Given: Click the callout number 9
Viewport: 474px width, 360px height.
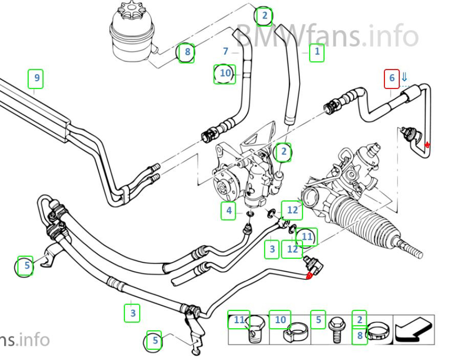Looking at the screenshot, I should point(35,78).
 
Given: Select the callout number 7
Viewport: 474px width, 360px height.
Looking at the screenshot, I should point(226,51).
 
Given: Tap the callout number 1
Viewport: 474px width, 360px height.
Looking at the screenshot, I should point(317,51).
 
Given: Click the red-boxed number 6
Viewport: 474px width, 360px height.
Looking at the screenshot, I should point(392,78).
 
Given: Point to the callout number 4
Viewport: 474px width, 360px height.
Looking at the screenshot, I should point(229,211).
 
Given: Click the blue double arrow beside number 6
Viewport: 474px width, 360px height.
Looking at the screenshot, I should point(404,77).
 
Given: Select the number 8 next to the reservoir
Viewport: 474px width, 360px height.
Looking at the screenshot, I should point(187,52).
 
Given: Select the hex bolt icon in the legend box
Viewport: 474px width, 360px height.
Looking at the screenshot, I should point(337,329).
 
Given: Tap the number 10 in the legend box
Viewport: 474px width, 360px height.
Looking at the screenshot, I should point(280,320).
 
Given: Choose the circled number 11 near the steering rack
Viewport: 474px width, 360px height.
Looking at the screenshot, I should point(307,236).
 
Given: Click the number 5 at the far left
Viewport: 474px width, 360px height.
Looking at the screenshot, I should point(26,265).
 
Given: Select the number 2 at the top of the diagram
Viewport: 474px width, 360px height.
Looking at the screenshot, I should point(264,16).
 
